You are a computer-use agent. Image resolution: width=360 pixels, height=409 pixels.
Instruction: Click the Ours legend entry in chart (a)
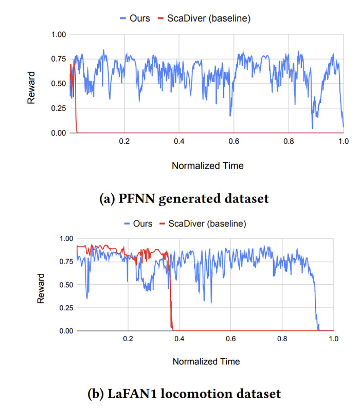click(135, 18)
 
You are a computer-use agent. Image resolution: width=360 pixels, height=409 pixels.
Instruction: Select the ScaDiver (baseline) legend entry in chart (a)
click(204, 18)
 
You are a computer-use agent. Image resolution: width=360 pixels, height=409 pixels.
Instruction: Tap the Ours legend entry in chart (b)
click(138, 224)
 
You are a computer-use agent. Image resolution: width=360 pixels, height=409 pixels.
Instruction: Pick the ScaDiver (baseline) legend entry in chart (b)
click(203, 224)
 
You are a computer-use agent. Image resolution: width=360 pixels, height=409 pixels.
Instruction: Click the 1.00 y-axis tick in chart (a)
click(59, 34)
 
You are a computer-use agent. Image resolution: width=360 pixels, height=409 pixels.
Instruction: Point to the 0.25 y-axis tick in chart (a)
click(59, 108)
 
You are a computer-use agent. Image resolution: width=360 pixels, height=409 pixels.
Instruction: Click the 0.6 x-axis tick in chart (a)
click(233, 141)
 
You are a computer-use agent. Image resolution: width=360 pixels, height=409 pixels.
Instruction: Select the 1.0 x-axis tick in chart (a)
click(344, 141)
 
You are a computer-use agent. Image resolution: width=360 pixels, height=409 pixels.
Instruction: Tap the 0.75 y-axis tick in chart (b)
click(66, 262)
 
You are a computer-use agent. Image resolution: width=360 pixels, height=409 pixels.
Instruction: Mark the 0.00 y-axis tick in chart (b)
click(66, 331)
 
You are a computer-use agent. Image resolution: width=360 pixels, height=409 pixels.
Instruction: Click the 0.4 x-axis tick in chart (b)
click(179, 339)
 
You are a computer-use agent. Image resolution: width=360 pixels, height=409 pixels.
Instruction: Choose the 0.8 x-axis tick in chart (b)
click(282, 339)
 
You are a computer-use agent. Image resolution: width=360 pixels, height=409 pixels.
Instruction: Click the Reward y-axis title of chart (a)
click(31, 88)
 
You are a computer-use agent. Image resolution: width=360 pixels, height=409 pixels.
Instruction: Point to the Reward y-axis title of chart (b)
click(41, 288)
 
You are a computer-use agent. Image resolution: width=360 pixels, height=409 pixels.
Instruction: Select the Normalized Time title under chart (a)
click(208, 165)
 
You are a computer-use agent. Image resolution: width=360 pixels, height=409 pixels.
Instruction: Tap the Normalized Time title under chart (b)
click(206, 362)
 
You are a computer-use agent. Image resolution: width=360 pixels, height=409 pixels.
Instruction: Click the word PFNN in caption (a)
click(136, 198)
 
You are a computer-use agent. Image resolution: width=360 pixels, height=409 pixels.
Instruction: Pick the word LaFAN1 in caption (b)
click(132, 394)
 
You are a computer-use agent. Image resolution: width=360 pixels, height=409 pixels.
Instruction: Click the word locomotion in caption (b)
click(196, 394)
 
